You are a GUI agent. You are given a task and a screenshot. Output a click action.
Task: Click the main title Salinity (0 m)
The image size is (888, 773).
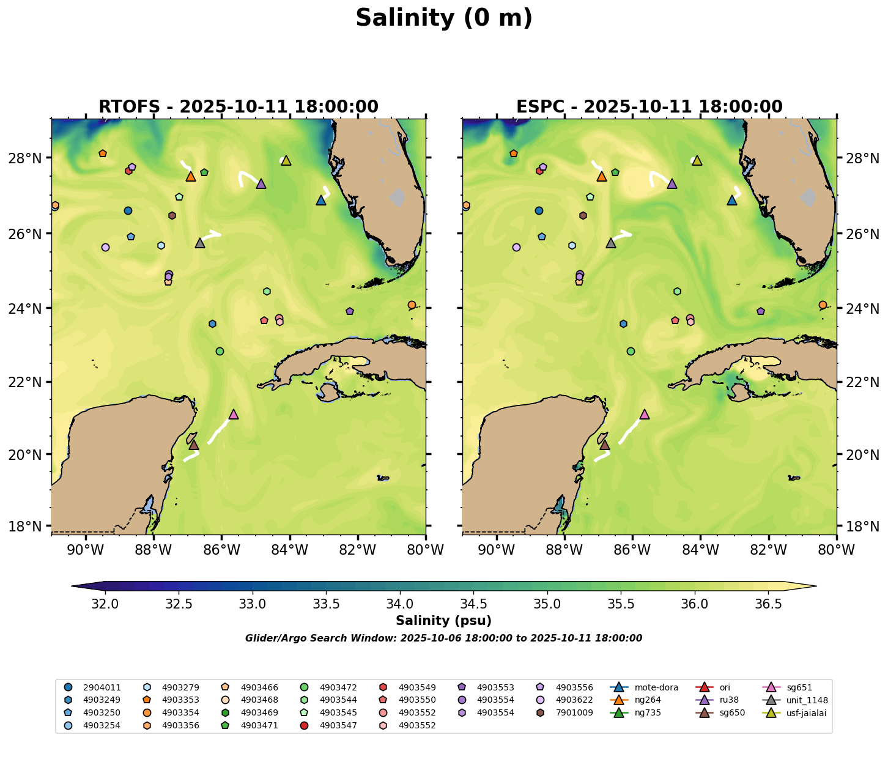click(x=444, y=18)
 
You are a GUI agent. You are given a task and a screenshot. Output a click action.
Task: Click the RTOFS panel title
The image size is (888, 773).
click(x=239, y=107)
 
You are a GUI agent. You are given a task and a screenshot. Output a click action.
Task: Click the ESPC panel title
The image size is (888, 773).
click(x=649, y=107)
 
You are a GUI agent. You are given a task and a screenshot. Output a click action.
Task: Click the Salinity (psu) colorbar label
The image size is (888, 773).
click(x=443, y=621)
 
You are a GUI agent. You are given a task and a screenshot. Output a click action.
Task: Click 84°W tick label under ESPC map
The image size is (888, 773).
click(x=700, y=550)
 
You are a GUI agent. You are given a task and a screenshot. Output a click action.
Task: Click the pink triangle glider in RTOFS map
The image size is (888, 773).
click(x=233, y=415)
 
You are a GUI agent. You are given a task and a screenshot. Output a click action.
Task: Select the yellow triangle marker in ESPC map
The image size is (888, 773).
click(x=697, y=161)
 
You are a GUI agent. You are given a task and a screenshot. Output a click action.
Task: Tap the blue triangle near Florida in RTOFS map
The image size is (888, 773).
click(x=321, y=201)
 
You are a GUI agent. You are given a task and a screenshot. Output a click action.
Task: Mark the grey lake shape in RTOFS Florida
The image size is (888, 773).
click(x=398, y=198)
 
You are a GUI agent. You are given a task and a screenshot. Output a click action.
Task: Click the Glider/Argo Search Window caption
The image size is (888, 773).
click(x=443, y=638)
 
